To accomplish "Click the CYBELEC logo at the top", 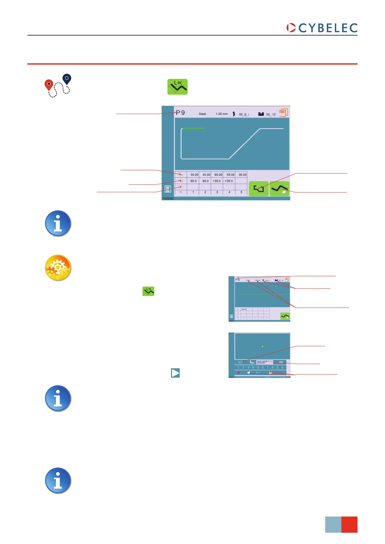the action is coord(322,28).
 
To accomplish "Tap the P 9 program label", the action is coord(180,113).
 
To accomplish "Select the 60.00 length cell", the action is coord(218,175).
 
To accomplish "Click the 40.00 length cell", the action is coord(206,175).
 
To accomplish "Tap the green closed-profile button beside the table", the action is coord(259,189).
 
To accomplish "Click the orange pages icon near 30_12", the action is coord(283,113).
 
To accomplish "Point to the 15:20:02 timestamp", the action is coord(168,199).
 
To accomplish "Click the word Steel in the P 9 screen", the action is coord(202,114).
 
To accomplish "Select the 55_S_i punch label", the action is coord(244,114).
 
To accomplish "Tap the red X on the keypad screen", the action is coord(239,373).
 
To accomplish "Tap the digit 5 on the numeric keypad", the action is coord(258,368).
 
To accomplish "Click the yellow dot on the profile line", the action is coord(262,346).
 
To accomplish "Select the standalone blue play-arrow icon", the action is coord(175,373).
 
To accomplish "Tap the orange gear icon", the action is coord(58,267).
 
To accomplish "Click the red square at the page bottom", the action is coord(349,524).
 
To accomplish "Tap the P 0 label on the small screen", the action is coord(238,280).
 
